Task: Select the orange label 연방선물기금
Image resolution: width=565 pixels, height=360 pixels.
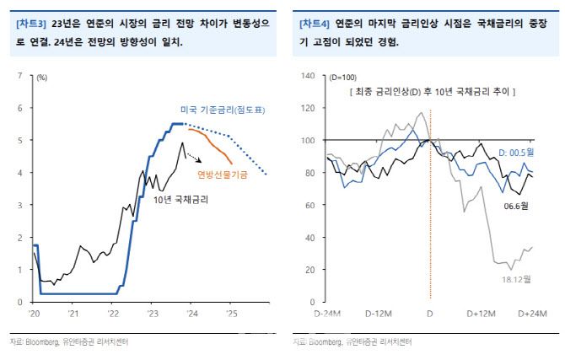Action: pyautogui.click(x=223, y=175)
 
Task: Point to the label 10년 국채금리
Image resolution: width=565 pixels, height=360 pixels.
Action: pyautogui.click(x=181, y=200)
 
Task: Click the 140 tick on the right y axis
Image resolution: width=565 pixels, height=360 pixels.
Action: pyautogui.click(x=307, y=77)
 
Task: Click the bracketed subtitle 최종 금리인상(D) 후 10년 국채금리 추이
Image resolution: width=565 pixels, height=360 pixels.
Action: pyautogui.click(x=433, y=90)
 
